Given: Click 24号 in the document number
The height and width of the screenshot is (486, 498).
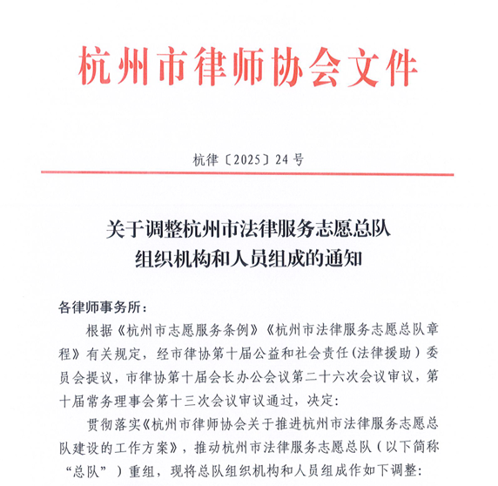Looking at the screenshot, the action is (290, 159).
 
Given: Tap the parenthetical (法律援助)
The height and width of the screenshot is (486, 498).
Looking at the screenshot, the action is (380, 354).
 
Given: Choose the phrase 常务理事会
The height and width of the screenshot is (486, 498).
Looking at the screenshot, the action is (113, 401).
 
